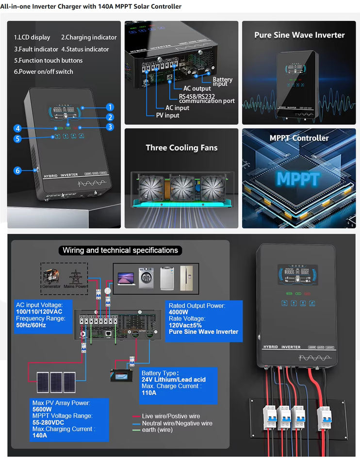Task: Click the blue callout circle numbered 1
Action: click(110, 107)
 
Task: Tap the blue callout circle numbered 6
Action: click(17, 170)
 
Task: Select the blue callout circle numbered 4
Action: click(17, 129)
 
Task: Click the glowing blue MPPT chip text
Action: click(298, 179)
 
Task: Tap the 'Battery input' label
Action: click(223, 82)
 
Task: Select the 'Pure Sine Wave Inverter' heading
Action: click(299, 35)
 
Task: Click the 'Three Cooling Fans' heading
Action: click(181, 148)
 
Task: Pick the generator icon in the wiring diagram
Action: click(50, 276)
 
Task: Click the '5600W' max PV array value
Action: click(43, 409)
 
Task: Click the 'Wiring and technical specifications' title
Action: click(120, 250)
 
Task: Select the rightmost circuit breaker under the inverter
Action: click(323, 418)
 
